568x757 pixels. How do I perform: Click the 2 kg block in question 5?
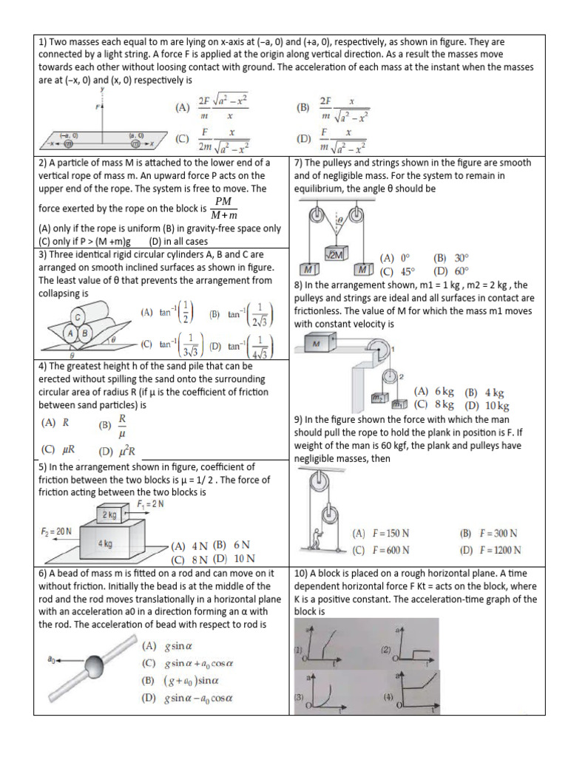pyautogui.click(x=109, y=514)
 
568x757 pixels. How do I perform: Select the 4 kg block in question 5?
pyautogui.click(x=106, y=543)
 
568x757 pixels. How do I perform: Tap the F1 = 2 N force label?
pyautogui.click(x=151, y=504)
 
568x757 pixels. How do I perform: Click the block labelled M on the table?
pyautogui.click(x=317, y=344)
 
